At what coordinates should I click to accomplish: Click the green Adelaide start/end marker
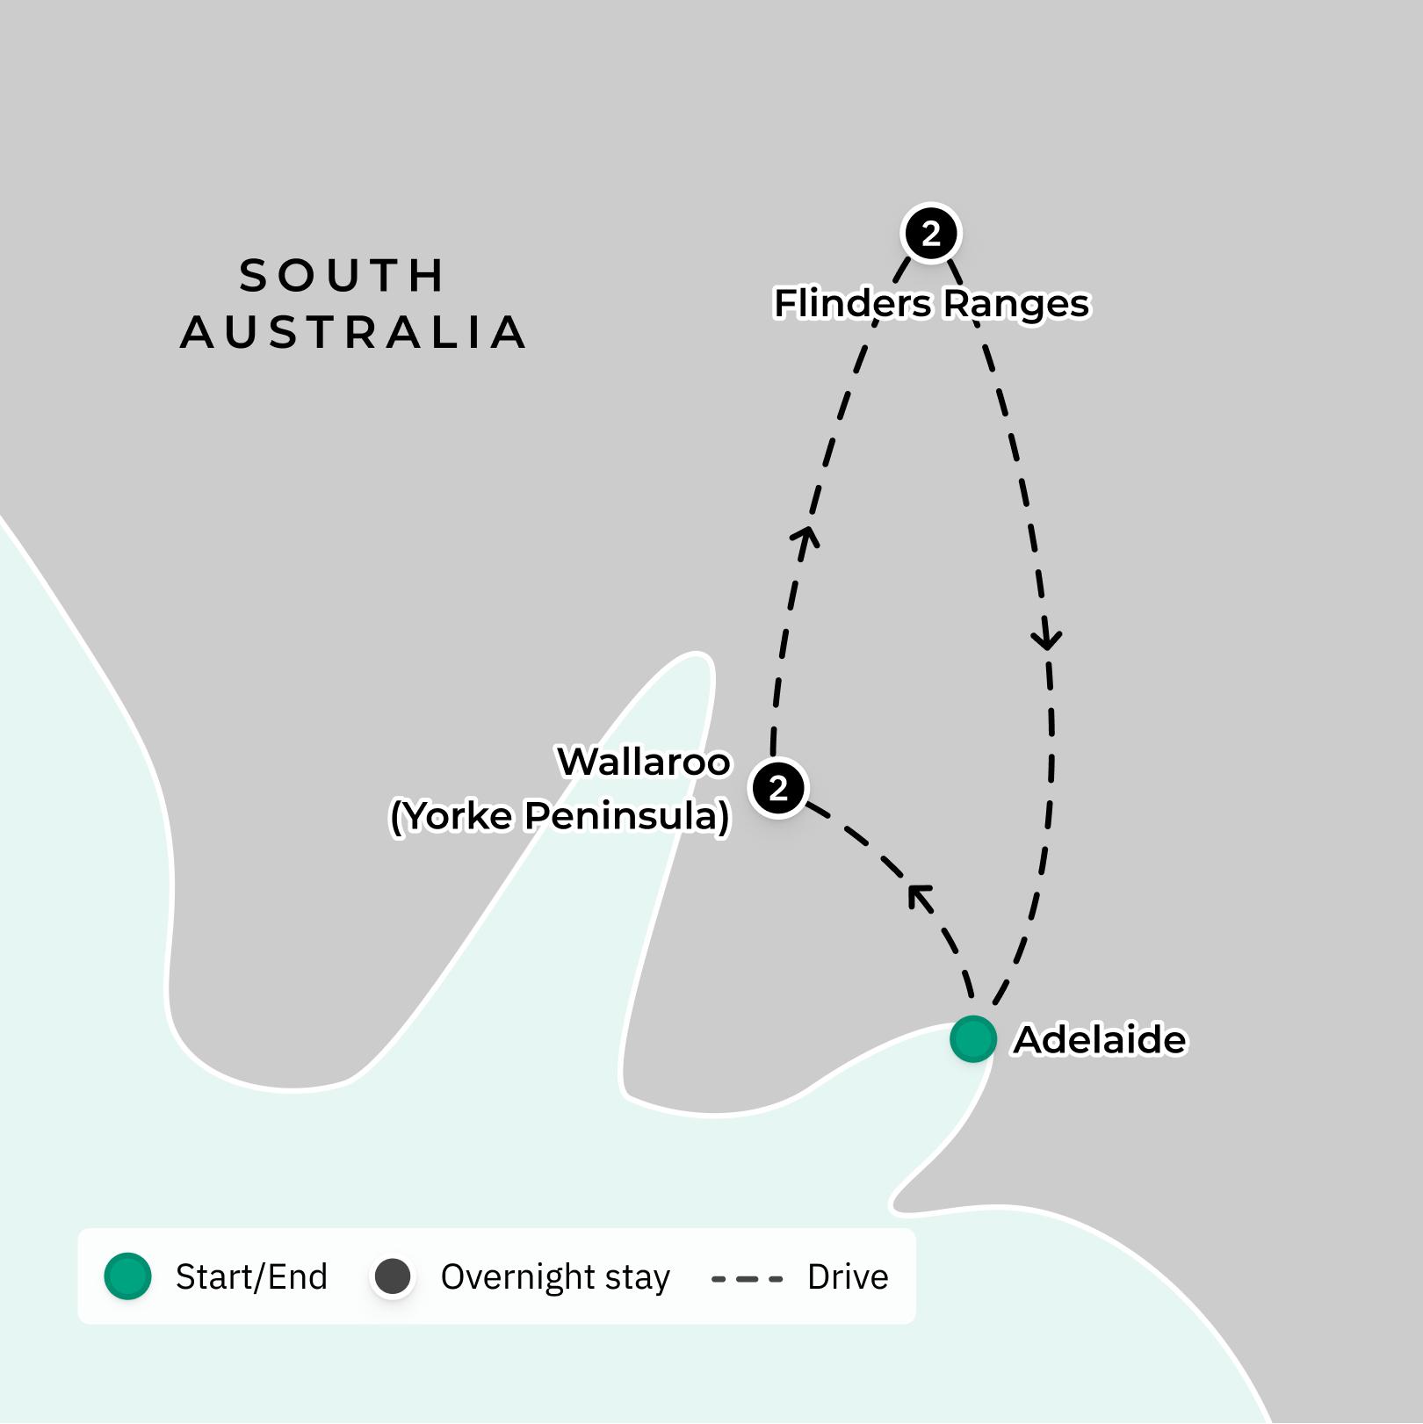972,1038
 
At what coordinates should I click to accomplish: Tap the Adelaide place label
1100,1040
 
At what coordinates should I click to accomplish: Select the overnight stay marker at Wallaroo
778,788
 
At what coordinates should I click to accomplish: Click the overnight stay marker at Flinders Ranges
931,234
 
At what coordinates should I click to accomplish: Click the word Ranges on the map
1016,304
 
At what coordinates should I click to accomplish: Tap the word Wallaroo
644,762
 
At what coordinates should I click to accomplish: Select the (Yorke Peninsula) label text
560,816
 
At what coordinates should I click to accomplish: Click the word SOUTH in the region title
343,276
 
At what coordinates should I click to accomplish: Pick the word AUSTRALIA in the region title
353,333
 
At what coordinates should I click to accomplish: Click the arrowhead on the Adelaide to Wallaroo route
919,897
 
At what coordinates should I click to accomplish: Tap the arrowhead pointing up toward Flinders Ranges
805,537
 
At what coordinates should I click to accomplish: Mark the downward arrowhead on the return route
1047,638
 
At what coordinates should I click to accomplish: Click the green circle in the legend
128,1276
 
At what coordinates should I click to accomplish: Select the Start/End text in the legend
251,1277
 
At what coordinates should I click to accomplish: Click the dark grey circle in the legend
393,1276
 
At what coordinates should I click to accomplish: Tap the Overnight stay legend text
555,1277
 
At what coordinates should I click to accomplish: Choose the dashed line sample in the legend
747,1278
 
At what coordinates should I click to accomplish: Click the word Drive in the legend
848,1277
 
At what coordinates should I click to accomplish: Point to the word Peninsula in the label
626,816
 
